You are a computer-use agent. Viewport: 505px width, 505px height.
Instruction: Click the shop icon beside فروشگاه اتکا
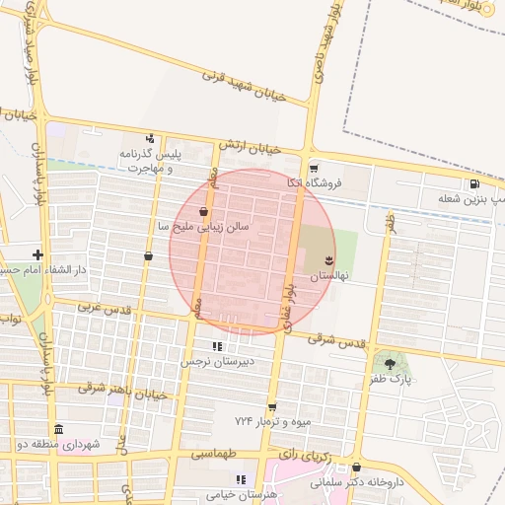(314, 168)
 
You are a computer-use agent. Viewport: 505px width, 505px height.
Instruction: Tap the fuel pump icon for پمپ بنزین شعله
(475, 182)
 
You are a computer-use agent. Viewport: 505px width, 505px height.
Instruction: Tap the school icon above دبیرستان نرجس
(217, 346)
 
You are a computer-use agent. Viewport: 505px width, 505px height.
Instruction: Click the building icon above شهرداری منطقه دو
(58, 430)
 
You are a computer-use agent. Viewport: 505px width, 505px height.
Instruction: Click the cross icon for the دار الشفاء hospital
(37, 254)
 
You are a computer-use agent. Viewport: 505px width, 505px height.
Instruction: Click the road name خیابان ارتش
(251, 147)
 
